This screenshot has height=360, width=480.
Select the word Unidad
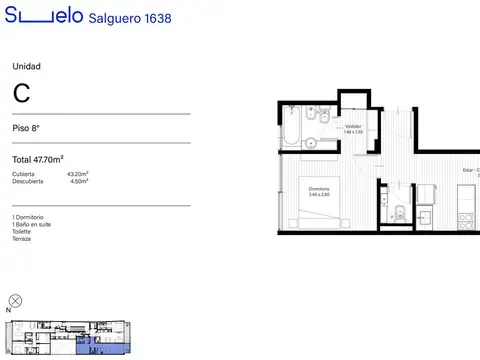pos(26,66)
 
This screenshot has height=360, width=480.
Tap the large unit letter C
pos(21,94)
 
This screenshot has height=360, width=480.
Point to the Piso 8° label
pos(27,129)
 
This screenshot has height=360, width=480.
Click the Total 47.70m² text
pos(38,159)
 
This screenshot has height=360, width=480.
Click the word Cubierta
pos(23,174)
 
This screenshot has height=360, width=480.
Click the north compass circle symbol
pos(15,300)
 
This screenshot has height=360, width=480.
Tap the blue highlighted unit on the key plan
pos(90,346)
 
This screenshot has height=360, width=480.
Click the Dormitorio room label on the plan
pos(319,189)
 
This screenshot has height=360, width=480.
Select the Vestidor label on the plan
pos(353,127)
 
